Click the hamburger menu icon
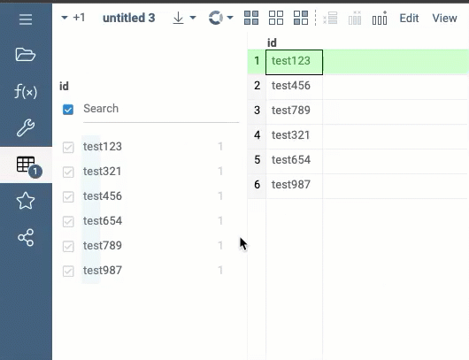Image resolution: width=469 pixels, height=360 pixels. click(26, 19)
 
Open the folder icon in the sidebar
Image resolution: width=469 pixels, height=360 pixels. click(26, 55)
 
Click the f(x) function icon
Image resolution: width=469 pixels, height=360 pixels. click(26, 91)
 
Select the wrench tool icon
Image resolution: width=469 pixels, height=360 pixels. click(26, 127)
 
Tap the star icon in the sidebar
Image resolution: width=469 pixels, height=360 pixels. click(26, 201)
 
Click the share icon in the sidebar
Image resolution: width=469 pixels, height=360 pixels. click(26, 238)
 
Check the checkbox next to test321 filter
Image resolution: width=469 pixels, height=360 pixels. click(68, 172)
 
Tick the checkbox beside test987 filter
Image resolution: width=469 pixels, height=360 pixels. click(68, 272)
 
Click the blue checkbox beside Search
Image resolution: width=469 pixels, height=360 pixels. click(68, 110)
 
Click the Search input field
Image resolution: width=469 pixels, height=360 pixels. click(161, 109)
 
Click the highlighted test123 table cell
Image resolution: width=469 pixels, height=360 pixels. click(295, 62)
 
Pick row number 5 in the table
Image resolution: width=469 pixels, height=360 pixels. click(257, 160)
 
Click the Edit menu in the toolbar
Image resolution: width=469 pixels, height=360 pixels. click(409, 19)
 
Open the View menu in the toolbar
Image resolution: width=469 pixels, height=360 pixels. click(444, 19)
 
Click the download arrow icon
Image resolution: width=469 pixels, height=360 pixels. click(178, 18)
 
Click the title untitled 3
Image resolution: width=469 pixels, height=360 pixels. click(129, 18)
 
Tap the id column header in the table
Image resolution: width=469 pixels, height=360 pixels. click(272, 42)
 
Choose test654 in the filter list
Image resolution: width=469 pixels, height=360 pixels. click(103, 221)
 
